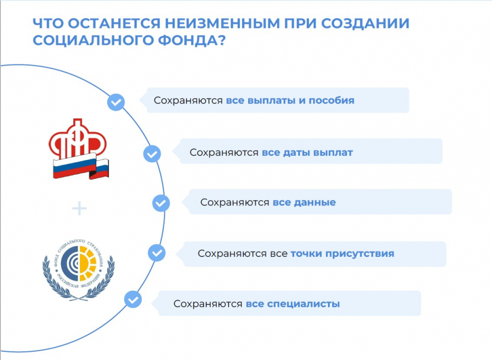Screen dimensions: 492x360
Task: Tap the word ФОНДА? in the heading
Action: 191,41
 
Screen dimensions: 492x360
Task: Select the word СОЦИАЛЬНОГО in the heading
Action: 93,41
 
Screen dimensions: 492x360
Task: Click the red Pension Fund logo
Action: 79,149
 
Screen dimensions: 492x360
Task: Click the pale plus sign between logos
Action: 79,209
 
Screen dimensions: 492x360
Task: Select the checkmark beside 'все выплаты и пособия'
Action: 116,102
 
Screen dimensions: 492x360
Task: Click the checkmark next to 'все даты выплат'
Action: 152,154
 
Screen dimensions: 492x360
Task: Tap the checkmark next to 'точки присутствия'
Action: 156,253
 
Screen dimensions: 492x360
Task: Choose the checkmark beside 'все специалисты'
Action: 133,299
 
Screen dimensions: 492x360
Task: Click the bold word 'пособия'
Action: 332,101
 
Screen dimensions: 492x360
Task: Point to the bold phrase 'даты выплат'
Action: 318,153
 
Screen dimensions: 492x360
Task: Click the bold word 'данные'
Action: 315,203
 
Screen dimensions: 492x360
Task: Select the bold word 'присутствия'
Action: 360,253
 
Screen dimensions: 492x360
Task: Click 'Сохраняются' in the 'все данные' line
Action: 235,203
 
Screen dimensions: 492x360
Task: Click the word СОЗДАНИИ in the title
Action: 365,23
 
